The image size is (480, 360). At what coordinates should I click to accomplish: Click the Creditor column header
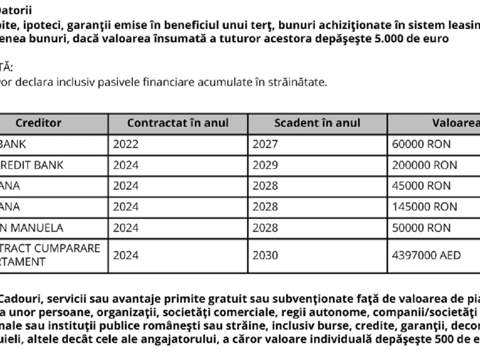pyautogui.click(x=38, y=123)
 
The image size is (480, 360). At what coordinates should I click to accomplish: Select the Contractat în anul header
pyautogui.click(x=178, y=123)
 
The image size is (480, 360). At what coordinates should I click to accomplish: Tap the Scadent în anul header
pyautogui.click(x=317, y=123)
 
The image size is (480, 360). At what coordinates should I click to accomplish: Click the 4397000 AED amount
pyautogui.click(x=426, y=255)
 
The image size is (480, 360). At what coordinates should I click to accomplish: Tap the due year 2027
pyautogui.click(x=265, y=144)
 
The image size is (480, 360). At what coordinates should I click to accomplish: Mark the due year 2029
pyautogui.click(x=265, y=165)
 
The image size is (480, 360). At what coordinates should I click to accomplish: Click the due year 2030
pyautogui.click(x=265, y=255)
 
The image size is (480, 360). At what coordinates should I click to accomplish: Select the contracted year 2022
pyautogui.click(x=126, y=144)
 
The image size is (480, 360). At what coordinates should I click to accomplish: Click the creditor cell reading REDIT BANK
pyautogui.click(x=32, y=165)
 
